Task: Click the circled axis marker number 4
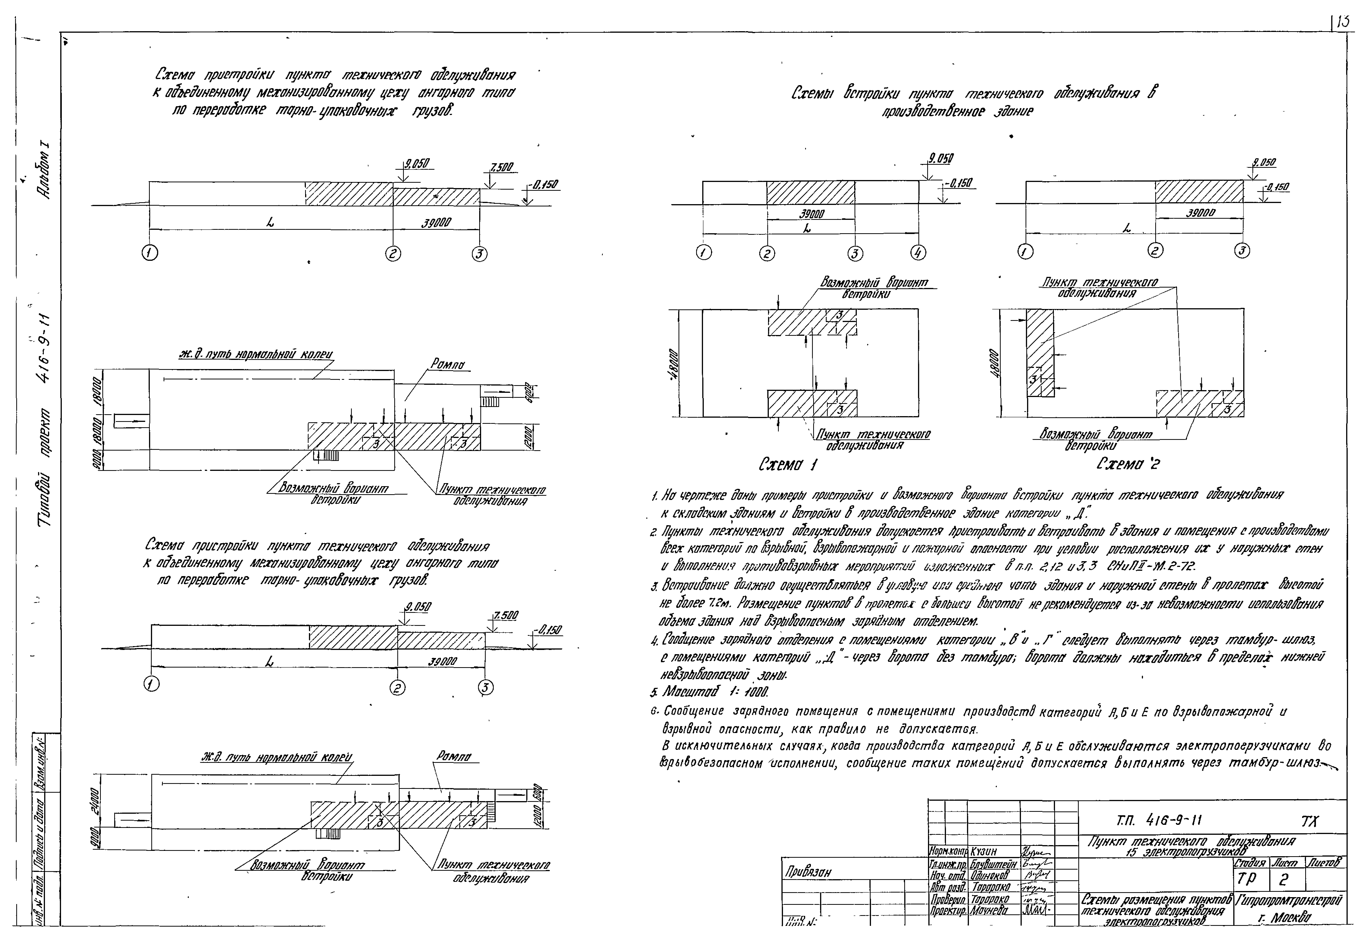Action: click(x=918, y=253)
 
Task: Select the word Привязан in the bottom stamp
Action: click(x=808, y=872)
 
